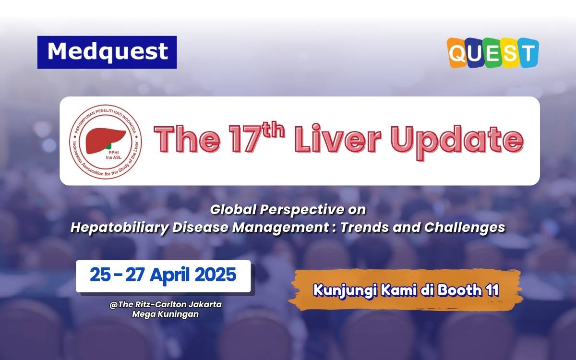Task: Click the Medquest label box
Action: (x=107, y=52)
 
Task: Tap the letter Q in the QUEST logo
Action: (x=457, y=53)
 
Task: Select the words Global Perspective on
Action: (x=288, y=210)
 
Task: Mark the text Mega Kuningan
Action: (x=166, y=314)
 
